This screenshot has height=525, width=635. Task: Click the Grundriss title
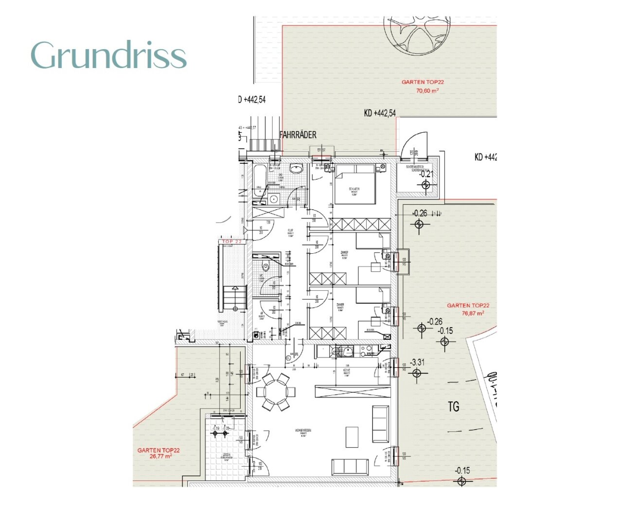point(108,55)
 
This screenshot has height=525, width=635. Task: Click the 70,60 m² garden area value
point(427,91)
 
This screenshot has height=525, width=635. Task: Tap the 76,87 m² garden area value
point(472,314)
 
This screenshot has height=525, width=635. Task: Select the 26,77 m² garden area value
point(160,456)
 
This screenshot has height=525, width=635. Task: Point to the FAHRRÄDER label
point(298,135)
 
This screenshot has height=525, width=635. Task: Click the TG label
point(453,406)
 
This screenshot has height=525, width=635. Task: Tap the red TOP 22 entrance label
point(232,242)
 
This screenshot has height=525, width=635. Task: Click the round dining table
point(276,391)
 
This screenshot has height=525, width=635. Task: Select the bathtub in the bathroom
point(258,182)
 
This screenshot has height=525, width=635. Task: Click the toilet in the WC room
point(265,267)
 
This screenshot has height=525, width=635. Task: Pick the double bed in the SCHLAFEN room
point(354,186)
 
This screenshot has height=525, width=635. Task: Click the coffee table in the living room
point(352,437)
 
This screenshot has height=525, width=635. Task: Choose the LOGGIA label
point(226,455)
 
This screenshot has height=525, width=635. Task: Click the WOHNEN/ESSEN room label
point(302,431)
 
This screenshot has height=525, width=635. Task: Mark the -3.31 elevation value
point(417,363)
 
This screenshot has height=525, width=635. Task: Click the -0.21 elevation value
point(425,174)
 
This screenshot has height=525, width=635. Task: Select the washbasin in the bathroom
point(296,169)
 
